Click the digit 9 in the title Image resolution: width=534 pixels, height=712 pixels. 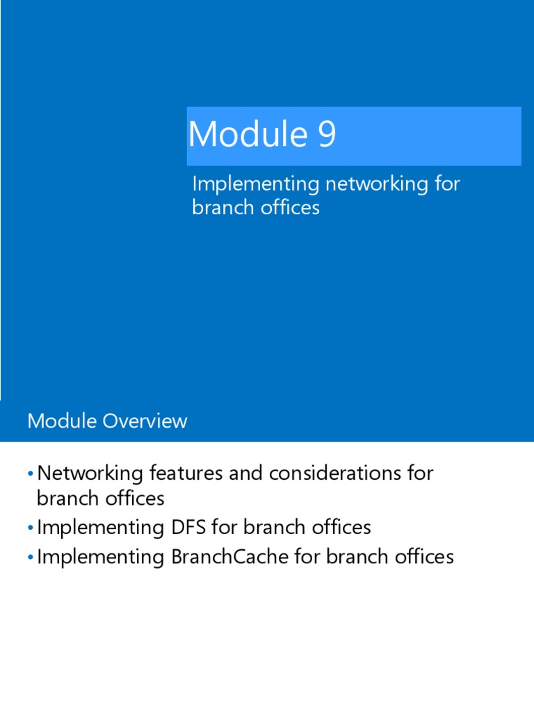coord(327,134)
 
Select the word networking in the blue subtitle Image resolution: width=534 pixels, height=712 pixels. coord(372,185)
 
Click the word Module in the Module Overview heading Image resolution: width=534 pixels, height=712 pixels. coord(61,421)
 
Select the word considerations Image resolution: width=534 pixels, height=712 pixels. coord(333,474)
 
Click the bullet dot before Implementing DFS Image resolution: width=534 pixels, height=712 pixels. coord(31,528)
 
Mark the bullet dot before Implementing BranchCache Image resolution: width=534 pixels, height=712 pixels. coord(31,557)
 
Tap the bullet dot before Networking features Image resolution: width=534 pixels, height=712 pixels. coord(31,474)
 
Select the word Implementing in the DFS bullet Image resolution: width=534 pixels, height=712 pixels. coord(99,527)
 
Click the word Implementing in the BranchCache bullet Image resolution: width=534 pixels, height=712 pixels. coord(99,556)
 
